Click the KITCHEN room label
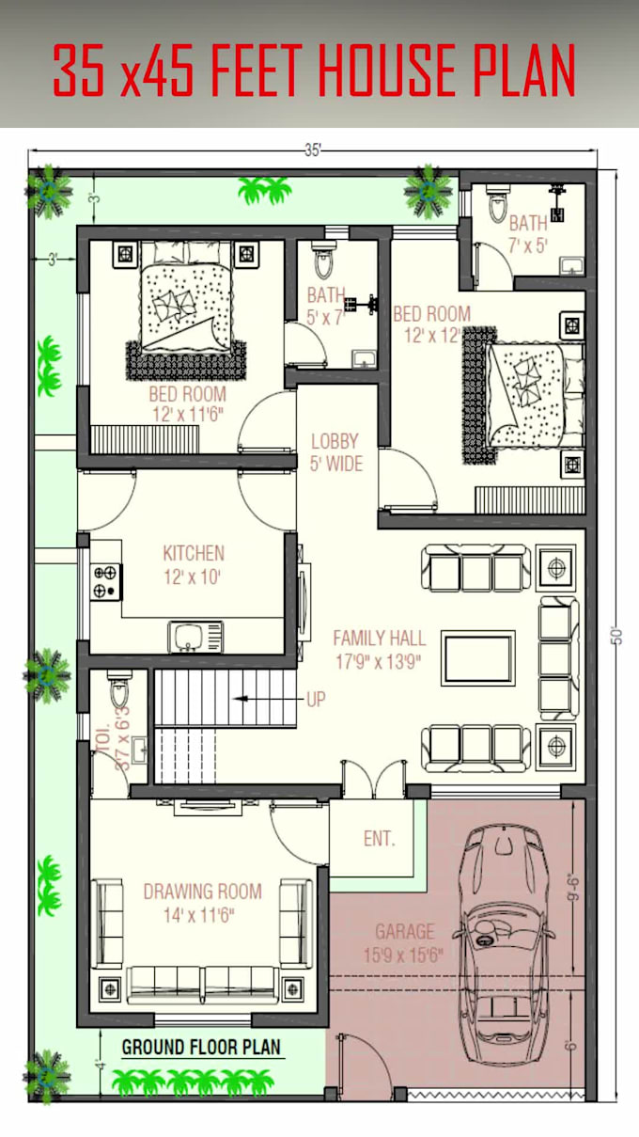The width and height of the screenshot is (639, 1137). pyautogui.click(x=194, y=565)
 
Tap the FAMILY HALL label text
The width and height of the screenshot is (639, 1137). pyautogui.click(x=380, y=650)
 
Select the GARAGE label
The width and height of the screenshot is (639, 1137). pyautogui.click(x=404, y=943)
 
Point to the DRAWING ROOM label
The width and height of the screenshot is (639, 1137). pyautogui.click(x=202, y=904)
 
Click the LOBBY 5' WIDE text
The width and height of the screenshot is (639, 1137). pyautogui.click(x=336, y=452)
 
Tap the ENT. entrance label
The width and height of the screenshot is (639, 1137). pyautogui.click(x=380, y=839)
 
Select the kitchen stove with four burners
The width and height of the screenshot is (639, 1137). pyautogui.click(x=106, y=581)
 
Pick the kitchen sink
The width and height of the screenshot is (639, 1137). pyautogui.click(x=195, y=637)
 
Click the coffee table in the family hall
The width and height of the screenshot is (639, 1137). pyautogui.click(x=477, y=657)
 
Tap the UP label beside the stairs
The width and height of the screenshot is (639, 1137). pyautogui.click(x=316, y=700)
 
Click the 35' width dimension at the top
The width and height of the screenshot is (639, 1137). pyautogui.click(x=313, y=150)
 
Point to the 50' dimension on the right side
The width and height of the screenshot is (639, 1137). pyautogui.click(x=617, y=636)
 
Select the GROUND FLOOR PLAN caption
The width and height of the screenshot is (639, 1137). pyautogui.click(x=201, y=1047)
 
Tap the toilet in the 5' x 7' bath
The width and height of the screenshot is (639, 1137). pyautogui.click(x=323, y=260)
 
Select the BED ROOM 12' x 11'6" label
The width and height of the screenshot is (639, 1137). pyautogui.click(x=187, y=404)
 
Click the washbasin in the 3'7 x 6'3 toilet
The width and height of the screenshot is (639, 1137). pyautogui.click(x=139, y=750)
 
